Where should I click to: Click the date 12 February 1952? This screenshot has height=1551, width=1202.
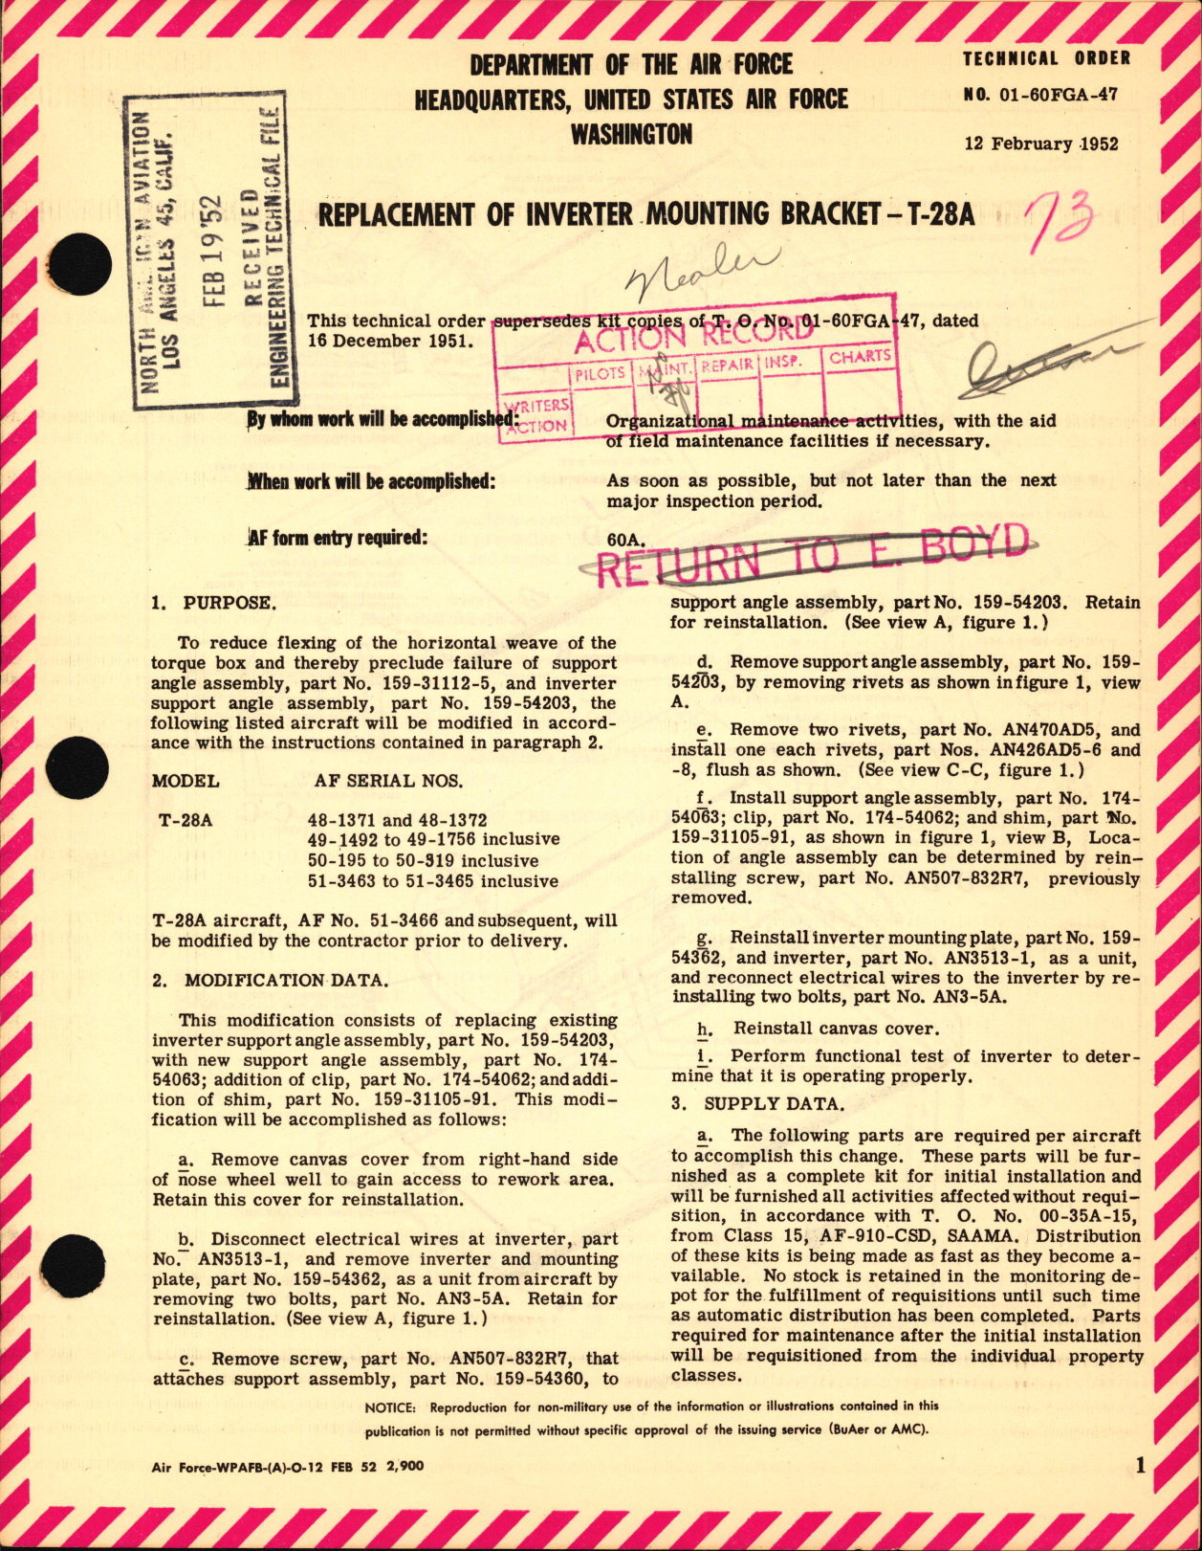pos(1041,144)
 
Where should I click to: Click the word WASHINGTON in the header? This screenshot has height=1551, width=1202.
pos(631,135)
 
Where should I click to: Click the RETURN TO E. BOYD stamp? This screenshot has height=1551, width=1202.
pos(811,554)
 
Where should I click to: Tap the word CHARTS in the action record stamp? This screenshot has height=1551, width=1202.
pos(860,357)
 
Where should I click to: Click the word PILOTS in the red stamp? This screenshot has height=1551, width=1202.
pos(600,373)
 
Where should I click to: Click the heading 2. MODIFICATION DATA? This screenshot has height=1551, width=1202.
pos(271,980)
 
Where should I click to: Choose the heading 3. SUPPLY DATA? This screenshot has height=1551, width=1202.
pos(758,1103)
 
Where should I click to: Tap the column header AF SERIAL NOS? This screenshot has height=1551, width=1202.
pos(388,781)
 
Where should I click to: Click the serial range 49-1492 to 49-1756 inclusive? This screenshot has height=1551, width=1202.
pos(433,840)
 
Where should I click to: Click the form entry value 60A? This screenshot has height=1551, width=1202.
pos(625,540)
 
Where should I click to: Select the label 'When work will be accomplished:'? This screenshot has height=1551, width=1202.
pos(371,481)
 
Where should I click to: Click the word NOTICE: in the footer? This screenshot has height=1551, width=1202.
pos(390,1407)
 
